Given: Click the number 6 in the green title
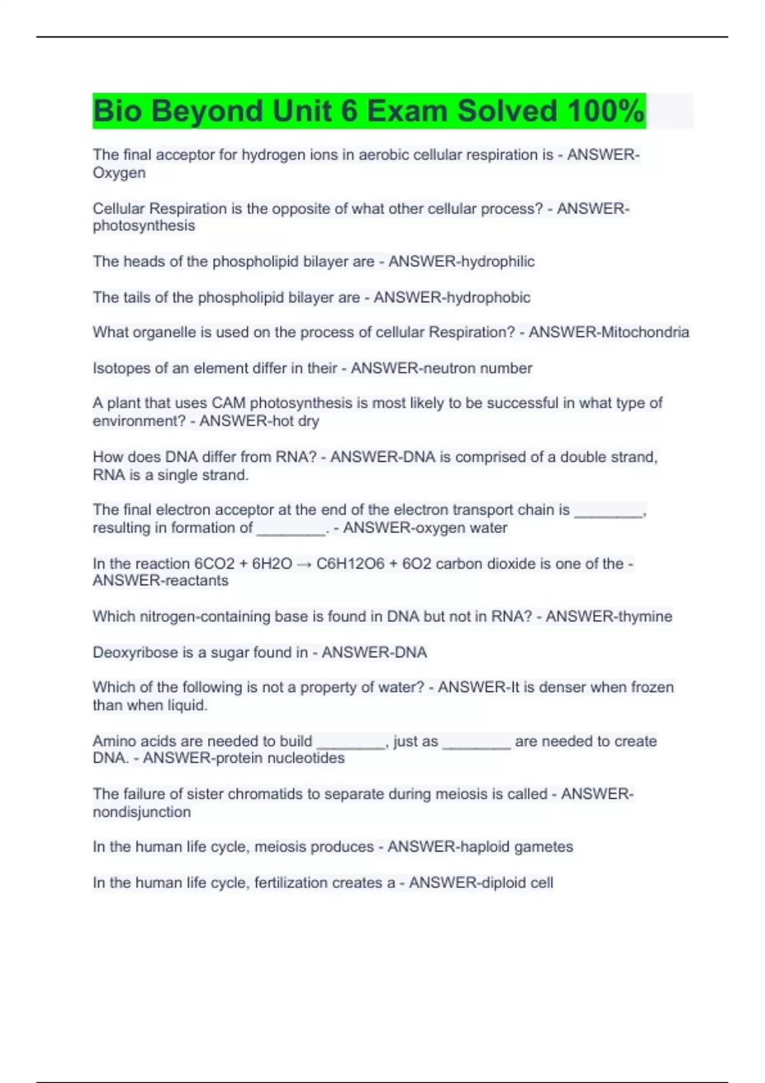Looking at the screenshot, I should (x=349, y=111).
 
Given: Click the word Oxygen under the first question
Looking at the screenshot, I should (x=119, y=173).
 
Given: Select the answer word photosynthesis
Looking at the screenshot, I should (x=144, y=226).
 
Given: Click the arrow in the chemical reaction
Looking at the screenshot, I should (x=304, y=564).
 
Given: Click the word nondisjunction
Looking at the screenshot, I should (x=142, y=812).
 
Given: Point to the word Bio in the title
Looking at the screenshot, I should (x=118, y=111).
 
